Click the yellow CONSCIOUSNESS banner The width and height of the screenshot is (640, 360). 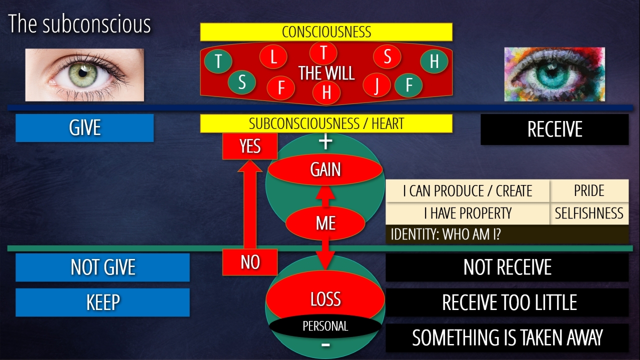coord(326,32)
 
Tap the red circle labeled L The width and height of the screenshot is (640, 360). coord(273,56)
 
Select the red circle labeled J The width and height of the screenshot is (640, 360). coord(376,84)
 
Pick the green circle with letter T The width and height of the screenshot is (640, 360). coord(218,61)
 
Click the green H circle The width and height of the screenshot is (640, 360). coord(433,61)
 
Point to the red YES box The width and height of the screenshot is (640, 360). coord(249,146)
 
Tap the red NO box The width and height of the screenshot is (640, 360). coord(249,262)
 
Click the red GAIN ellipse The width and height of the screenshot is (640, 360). coord(325,170)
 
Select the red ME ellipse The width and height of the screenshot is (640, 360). coord(325,223)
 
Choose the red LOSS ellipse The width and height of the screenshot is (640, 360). coord(325,299)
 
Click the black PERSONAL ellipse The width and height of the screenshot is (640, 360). coord(325,326)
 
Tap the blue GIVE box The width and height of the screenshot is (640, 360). coord(84,128)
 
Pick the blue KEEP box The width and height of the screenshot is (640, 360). coord(102,302)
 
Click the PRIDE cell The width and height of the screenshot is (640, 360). coord(589,191)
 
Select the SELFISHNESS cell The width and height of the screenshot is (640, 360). coord(589,213)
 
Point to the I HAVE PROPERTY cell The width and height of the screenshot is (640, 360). coord(467,213)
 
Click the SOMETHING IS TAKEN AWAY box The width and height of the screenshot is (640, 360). coord(507,338)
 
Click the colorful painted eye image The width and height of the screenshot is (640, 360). coord(554,74)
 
